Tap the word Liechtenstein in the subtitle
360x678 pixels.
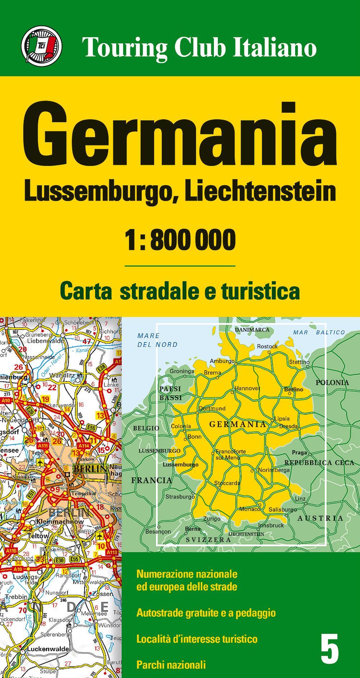(260, 192)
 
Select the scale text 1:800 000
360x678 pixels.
(180, 240)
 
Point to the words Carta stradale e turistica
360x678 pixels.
(180, 291)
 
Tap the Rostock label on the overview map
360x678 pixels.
(267, 346)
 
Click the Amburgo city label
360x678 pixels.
(222, 361)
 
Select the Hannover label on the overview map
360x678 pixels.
(247, 388)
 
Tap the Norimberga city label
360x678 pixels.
(274, 470)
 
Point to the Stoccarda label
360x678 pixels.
(227, 483)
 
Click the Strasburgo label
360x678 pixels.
(180, 497)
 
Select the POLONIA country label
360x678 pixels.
(332, 383)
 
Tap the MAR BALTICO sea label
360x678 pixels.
(319, 332)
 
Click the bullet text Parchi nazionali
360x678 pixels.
(171, 664)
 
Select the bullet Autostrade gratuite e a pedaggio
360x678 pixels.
(206, 612)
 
